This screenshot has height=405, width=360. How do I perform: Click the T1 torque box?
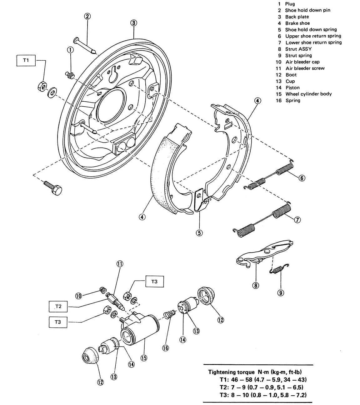[26, 60]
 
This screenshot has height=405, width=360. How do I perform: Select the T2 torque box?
[58, 306]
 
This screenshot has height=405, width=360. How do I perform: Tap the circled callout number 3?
[134, 23]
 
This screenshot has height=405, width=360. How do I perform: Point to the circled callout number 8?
[256, 286]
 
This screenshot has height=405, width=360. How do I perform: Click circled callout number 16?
[165, 348]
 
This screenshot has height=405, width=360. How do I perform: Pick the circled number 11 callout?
[120, 264]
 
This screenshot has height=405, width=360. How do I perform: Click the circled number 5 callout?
[199, 233]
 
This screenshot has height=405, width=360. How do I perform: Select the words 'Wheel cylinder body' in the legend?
[308, 94]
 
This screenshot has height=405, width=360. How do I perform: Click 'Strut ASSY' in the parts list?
[298, 49]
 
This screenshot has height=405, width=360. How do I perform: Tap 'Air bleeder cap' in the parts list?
[302, 62]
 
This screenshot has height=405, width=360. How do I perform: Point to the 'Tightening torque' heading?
[231, 372]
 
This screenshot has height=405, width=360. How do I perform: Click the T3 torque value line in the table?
[263, 395]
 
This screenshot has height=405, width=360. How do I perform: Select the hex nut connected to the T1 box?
[42, 86]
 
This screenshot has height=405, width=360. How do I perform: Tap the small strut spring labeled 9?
[279, 269]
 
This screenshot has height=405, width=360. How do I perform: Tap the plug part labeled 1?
[70, 75]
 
